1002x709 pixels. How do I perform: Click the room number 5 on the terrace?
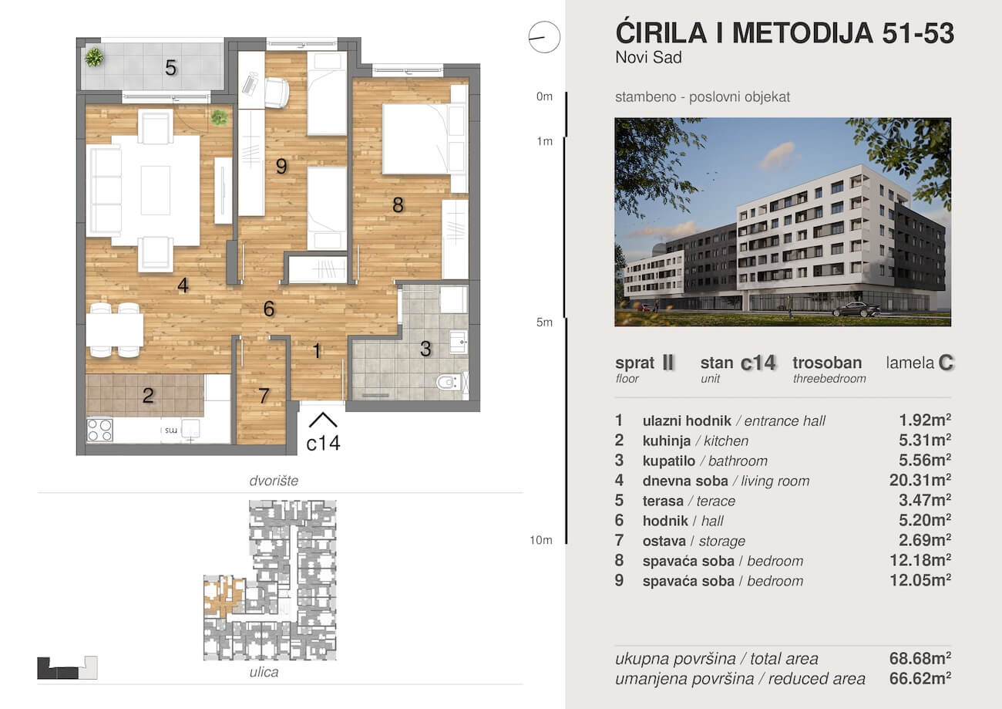tap(170, 68)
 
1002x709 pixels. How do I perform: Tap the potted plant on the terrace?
tap(94, 57)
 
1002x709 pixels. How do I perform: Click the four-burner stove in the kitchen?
tap(99, 430)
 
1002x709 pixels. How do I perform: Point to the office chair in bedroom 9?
tap(277, 93)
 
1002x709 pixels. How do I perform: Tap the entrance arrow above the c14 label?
tap(322, 420)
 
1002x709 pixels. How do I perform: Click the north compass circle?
tap(544, 37)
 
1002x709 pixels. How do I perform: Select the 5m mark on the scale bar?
tap(544, 322)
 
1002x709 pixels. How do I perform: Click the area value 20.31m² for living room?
tap(920, 480)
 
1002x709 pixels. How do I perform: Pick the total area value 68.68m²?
tap(920, 658)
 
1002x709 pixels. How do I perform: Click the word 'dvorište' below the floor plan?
tap(274, 481)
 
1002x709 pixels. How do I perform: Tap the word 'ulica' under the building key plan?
tap(264, 672)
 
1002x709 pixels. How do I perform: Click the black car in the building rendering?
tap(856, 309)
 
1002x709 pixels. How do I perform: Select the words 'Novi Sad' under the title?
tap(649, 58)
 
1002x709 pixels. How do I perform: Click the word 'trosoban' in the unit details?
tap(827, 363)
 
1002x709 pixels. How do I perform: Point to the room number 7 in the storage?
tap(264, 396)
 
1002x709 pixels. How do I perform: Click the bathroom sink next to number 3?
tap(459, 343)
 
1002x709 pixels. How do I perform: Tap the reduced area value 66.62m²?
tap(920, 679)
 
